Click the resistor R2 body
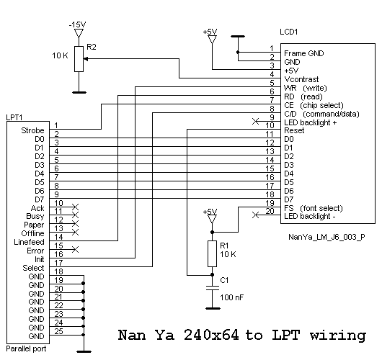tap(79, 59)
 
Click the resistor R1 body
tap(212, 254)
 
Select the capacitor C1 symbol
tap(212, 288)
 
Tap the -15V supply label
tap(77, 24)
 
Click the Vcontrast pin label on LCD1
tap(301, 79)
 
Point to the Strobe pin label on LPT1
tap(32, 130)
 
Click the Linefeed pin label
tap(30, 242)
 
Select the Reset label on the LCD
tap(294, 131)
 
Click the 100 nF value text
tap(231, 297)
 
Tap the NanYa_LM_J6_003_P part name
tap(327, 237)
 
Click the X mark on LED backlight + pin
tap(255, 121)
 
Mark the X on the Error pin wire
tap(75, 250)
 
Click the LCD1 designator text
tap(289, 32)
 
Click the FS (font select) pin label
tap(314, 208)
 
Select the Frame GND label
tap(303, 53)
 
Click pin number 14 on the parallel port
tap(58, 237)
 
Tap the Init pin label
tap(40, 259)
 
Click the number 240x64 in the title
tap(211, 335)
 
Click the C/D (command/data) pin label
tap(321, 114)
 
